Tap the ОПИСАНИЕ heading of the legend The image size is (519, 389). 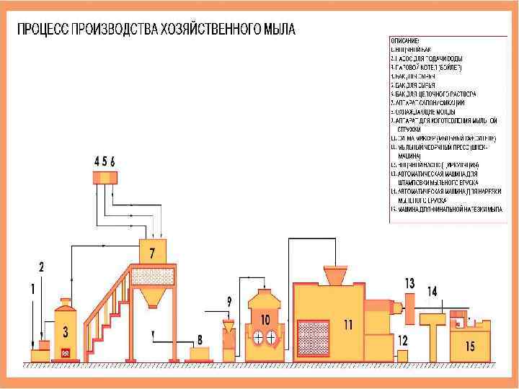coord(404,41)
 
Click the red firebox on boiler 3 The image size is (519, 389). coord(66,353)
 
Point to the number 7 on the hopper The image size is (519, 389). coord(152,254)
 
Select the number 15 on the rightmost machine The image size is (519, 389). coord(470,346)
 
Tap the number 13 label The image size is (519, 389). coord(409,282)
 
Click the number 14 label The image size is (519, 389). coord(432,291)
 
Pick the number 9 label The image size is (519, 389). coord(229,300)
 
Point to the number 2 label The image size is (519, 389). coord(42,267)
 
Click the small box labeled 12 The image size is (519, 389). coord(403,354)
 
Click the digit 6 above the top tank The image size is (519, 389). coord(113,161)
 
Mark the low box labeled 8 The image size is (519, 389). coord(200,354)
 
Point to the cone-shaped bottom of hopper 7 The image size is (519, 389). coord(151,296)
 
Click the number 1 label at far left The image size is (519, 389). coord(32,289)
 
